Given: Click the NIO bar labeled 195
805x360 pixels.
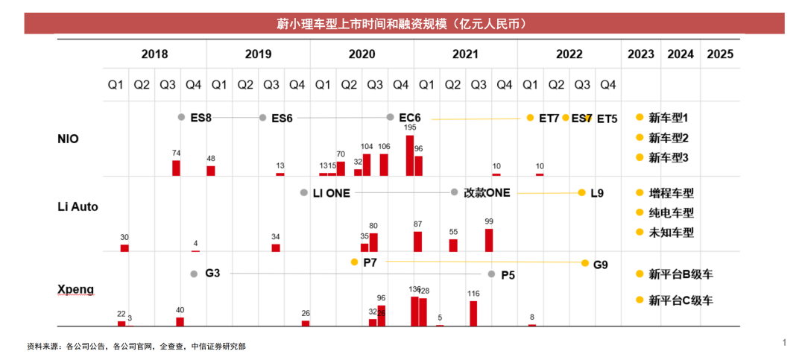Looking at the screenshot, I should point(410,155).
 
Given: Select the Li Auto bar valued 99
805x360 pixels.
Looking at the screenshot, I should point(489,240).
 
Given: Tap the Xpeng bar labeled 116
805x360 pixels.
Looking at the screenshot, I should point(473,313).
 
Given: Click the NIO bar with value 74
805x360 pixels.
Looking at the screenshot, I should point(177,168).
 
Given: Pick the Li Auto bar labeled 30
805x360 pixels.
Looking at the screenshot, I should point(124,247).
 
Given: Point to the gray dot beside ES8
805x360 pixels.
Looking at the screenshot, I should point(181,117).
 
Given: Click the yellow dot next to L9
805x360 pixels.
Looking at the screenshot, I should point(582,192).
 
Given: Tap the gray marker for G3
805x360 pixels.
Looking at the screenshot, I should point(194,274).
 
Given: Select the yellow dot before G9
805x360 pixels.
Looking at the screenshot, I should point(586,262).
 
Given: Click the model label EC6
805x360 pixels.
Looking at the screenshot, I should point(410,118).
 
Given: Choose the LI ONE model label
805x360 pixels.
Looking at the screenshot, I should point(331,192).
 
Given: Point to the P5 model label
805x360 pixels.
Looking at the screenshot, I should point(508,274).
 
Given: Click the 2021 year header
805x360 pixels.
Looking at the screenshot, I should point(465,54).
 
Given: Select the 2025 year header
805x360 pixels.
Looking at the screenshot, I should point(720,54).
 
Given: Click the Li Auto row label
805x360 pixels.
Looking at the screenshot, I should point(78,206).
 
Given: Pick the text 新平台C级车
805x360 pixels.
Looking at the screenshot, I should point(681,300).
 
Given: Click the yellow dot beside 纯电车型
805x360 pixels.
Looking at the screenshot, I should point(639,212).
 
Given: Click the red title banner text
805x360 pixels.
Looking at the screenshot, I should point(402,24).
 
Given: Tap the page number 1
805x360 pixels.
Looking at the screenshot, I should point(784,342).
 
